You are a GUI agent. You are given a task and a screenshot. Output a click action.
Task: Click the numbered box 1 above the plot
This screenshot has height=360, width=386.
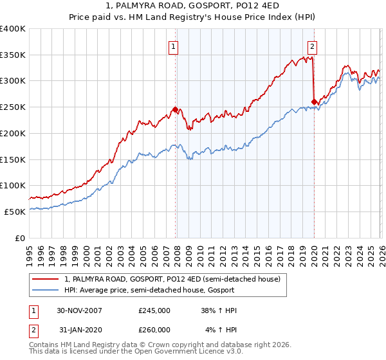click(x=174, y=46)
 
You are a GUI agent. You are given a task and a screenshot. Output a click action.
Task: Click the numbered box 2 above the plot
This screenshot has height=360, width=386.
click(x=312, y=46)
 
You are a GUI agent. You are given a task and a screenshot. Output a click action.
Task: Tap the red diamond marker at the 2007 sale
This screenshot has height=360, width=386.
click(x=175, y=109)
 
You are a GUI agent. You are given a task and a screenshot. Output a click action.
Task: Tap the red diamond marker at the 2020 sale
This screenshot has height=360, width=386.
click(x=314, y=102)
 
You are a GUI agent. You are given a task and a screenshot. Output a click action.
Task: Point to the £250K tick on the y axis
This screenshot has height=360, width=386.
click(x=13, y=107)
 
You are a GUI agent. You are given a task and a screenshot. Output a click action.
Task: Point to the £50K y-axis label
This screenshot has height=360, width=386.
click(x=15, y=212)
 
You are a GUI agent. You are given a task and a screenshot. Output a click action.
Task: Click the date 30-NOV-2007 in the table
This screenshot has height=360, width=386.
click(x=79, y=310)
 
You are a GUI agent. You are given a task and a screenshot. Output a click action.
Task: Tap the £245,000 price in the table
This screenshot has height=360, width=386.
click(x=154, y=310)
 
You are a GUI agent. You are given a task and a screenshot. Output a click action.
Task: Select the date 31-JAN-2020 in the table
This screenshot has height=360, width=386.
click(x=79, y=330)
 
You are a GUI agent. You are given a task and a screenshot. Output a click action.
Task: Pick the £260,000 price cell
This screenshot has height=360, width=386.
click(x=154, y=330)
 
